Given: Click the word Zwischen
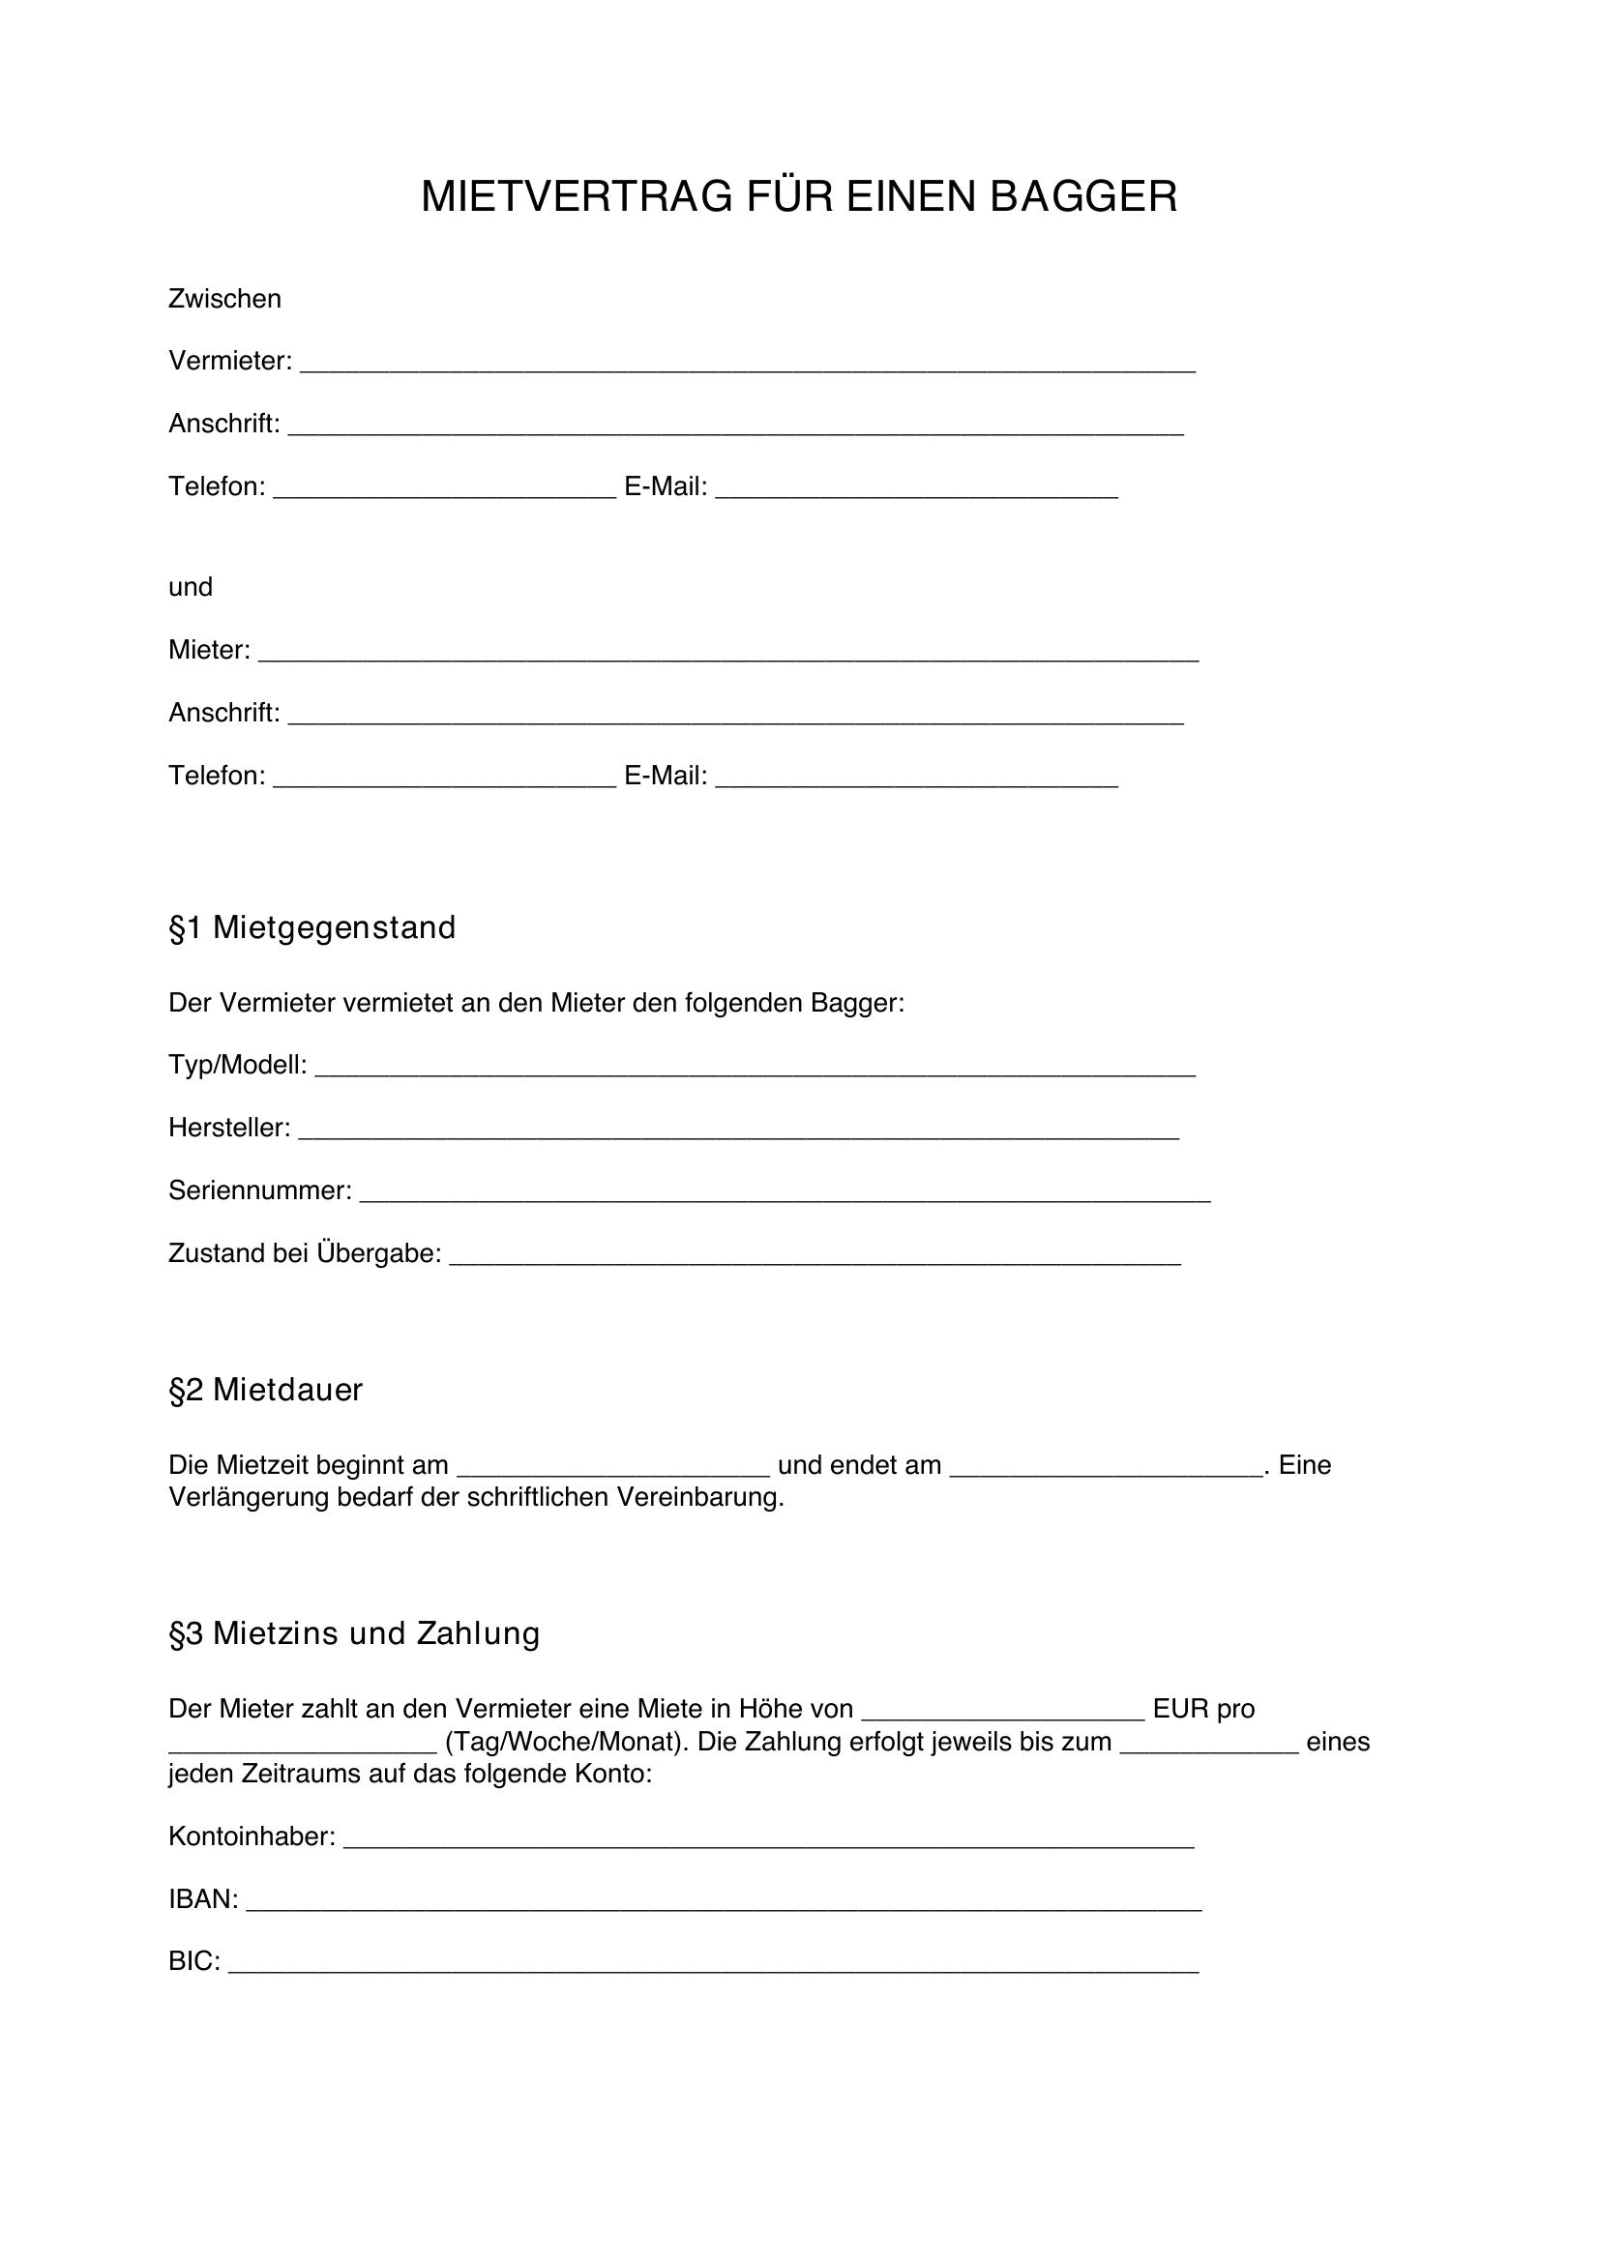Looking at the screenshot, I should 224,299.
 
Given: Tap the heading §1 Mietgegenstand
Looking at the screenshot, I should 312,928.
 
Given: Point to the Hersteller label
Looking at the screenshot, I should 228,1128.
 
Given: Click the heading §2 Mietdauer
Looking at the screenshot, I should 266,1390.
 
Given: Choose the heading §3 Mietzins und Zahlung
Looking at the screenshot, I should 355,1634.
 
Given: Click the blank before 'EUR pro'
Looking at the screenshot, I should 1002,1715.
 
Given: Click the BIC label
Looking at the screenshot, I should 193,1961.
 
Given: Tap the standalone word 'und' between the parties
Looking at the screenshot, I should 191,587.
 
